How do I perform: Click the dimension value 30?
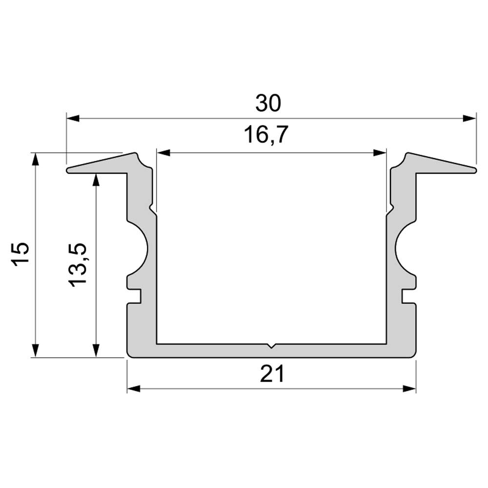(268, 103)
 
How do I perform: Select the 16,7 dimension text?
(266, 135)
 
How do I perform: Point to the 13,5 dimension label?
(77, 264)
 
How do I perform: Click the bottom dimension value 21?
(272, 374)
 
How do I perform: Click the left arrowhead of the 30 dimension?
(73, 118)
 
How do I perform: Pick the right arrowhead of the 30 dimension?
(469, 118)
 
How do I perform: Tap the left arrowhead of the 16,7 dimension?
(163, 152)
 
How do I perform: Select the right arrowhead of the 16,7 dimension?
(380, 152)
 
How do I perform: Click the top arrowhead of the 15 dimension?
(36, 160)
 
